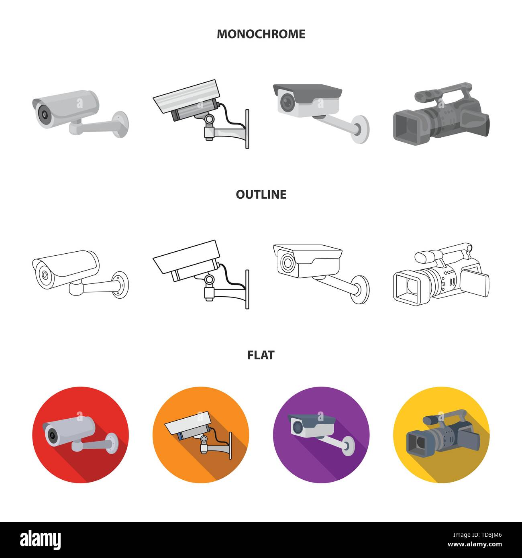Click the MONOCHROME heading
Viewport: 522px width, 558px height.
(x=261, y=34)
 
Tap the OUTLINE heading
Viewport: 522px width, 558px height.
(x=261, y=194)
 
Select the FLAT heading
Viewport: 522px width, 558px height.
(x=261, y=355)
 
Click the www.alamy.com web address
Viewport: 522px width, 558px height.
(x=475, y=544)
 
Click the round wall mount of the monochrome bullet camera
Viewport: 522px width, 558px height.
(x=121, y=124)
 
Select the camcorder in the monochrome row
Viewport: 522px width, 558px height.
(x=441, y=113)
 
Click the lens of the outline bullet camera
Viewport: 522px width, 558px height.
(x=45, y=275)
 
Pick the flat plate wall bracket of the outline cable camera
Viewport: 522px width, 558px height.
(x=247, y=289)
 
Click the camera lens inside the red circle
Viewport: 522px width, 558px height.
(x=52, y=435)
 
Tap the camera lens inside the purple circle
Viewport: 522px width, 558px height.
(x=298, y=427)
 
